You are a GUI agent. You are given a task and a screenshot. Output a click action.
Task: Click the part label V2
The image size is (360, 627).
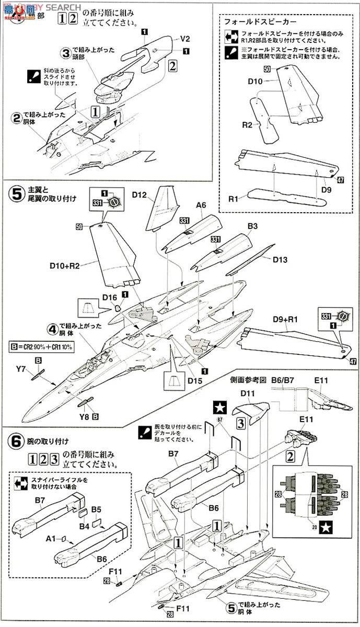[x=184, y=38]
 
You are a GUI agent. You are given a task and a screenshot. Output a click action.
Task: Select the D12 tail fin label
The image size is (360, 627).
[x=140, y=195]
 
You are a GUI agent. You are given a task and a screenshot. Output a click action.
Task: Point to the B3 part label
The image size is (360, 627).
[x=253, y=226]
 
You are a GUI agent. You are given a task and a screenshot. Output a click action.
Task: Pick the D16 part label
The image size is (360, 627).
[x=109, y=297]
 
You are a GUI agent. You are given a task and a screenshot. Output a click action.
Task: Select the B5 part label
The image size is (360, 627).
[x=96, y=508]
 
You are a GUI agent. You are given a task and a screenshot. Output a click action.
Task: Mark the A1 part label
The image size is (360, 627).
[x=51, y=537]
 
